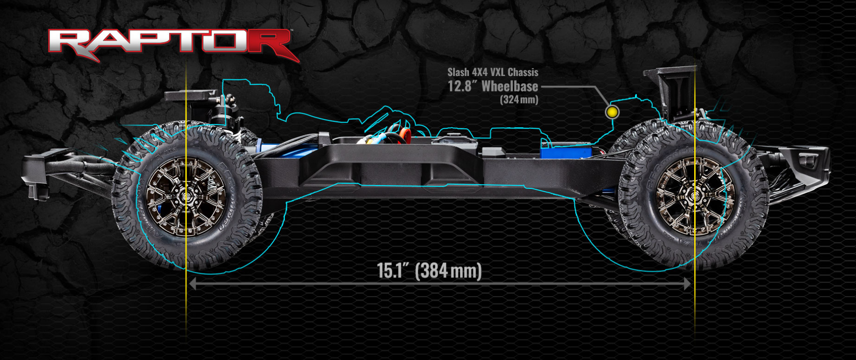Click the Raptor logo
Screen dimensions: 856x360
tap(173, 44)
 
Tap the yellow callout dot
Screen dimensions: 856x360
tap(612, 112)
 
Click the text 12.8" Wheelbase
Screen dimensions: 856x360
tap(493, 86)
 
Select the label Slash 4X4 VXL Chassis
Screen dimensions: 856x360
tap(493, 72)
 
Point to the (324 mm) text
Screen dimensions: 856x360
tap(519, 99)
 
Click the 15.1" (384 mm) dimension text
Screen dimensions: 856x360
tap(429, 270)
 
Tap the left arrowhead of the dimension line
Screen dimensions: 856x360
tap(192, 283)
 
